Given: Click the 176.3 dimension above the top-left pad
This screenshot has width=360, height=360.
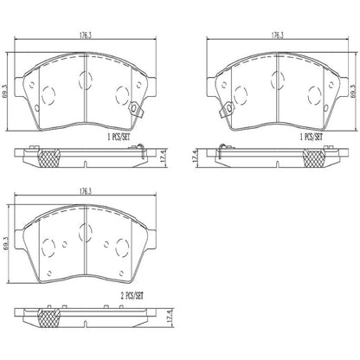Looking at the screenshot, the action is (86, 35).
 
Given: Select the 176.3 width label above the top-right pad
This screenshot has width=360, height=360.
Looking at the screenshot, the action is (278, 35).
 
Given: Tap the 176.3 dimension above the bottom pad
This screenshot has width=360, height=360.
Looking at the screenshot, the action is (86, 191).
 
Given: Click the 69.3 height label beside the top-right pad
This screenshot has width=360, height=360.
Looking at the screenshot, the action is (354, 92).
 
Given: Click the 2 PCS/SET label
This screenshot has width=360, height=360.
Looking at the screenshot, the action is (132, 296).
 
